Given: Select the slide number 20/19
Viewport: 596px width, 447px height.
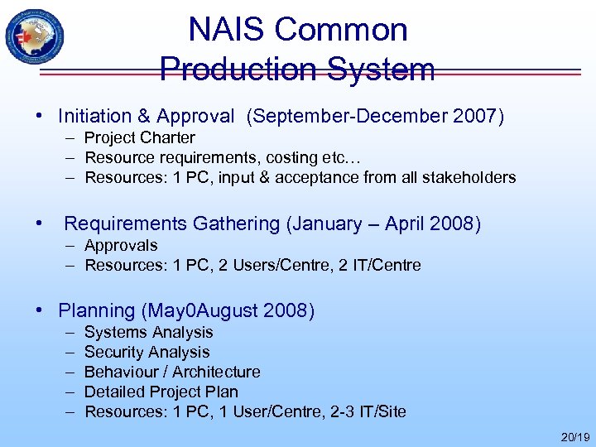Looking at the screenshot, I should point(574,435).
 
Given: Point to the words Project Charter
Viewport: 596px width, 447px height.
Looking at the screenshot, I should point(140,137).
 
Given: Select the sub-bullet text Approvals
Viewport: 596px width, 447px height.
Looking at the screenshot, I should point(121,245).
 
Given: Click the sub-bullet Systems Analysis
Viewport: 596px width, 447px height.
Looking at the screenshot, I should point(149,332).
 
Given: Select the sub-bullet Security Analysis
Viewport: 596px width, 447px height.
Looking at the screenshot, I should point(147,352).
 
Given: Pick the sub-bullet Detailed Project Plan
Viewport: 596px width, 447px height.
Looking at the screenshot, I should point(161,392).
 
